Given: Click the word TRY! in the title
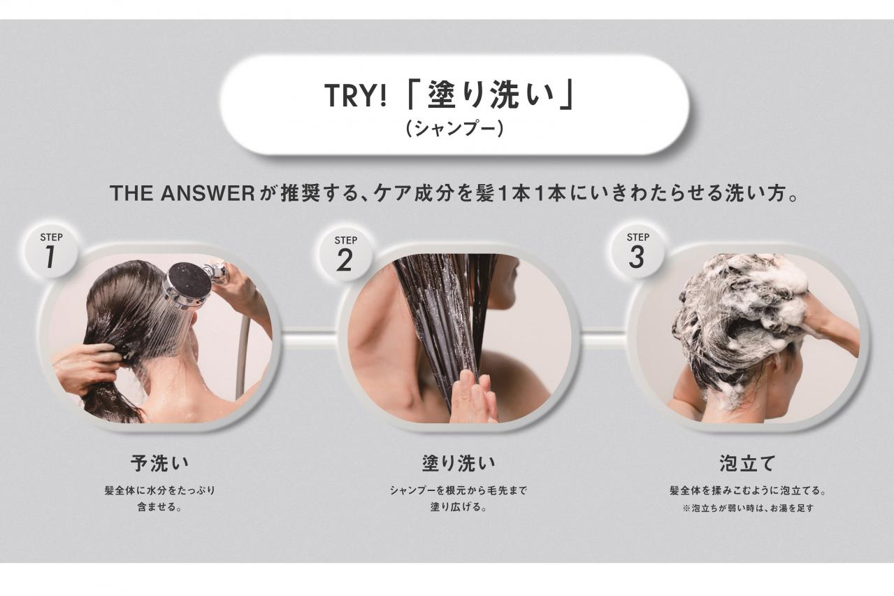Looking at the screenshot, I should point(355,97).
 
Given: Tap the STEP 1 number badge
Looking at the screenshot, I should point(50,251).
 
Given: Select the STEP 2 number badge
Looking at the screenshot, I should point(345,253).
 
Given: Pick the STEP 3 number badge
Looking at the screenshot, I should point(637,250).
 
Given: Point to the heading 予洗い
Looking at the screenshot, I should point(160,463).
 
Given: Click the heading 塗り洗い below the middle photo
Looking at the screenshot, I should point(458,463).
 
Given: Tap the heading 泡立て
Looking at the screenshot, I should point(747,463).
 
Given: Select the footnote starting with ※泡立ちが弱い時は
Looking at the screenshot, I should point(747,509).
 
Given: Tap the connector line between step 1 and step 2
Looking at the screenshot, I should point(308,341).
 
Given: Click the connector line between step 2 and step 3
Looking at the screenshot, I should point(603,341).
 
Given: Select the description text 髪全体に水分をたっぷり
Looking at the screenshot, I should point(160,490).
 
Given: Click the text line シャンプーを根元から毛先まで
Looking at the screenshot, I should point(458,490).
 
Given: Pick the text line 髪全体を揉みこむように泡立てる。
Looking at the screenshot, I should point(747,490).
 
